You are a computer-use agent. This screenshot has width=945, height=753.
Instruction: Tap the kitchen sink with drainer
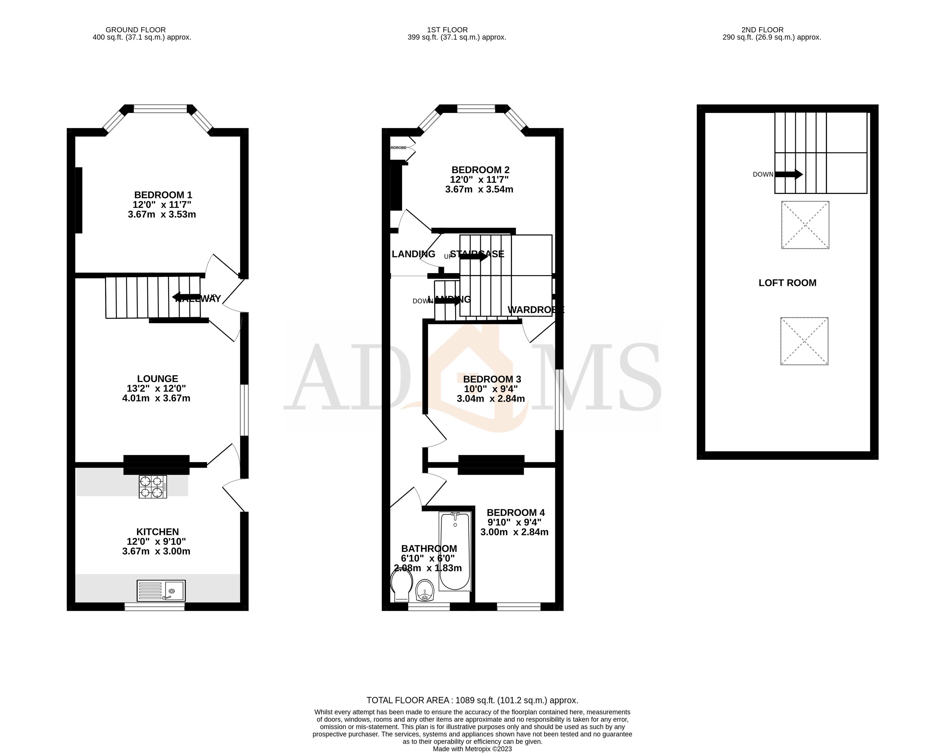point(161,590)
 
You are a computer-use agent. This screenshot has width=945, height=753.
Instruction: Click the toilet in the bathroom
point(401,588)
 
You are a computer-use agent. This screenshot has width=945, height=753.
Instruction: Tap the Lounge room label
point(157,379)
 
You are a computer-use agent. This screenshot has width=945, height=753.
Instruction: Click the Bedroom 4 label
point(515,512)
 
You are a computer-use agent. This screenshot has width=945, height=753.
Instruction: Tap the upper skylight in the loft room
point(805,225)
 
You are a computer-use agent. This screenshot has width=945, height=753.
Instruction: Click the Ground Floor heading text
point(136,30)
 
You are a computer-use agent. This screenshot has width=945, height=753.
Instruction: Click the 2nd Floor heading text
point(762,30)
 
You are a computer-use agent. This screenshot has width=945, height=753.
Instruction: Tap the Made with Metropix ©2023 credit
point(472,749)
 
